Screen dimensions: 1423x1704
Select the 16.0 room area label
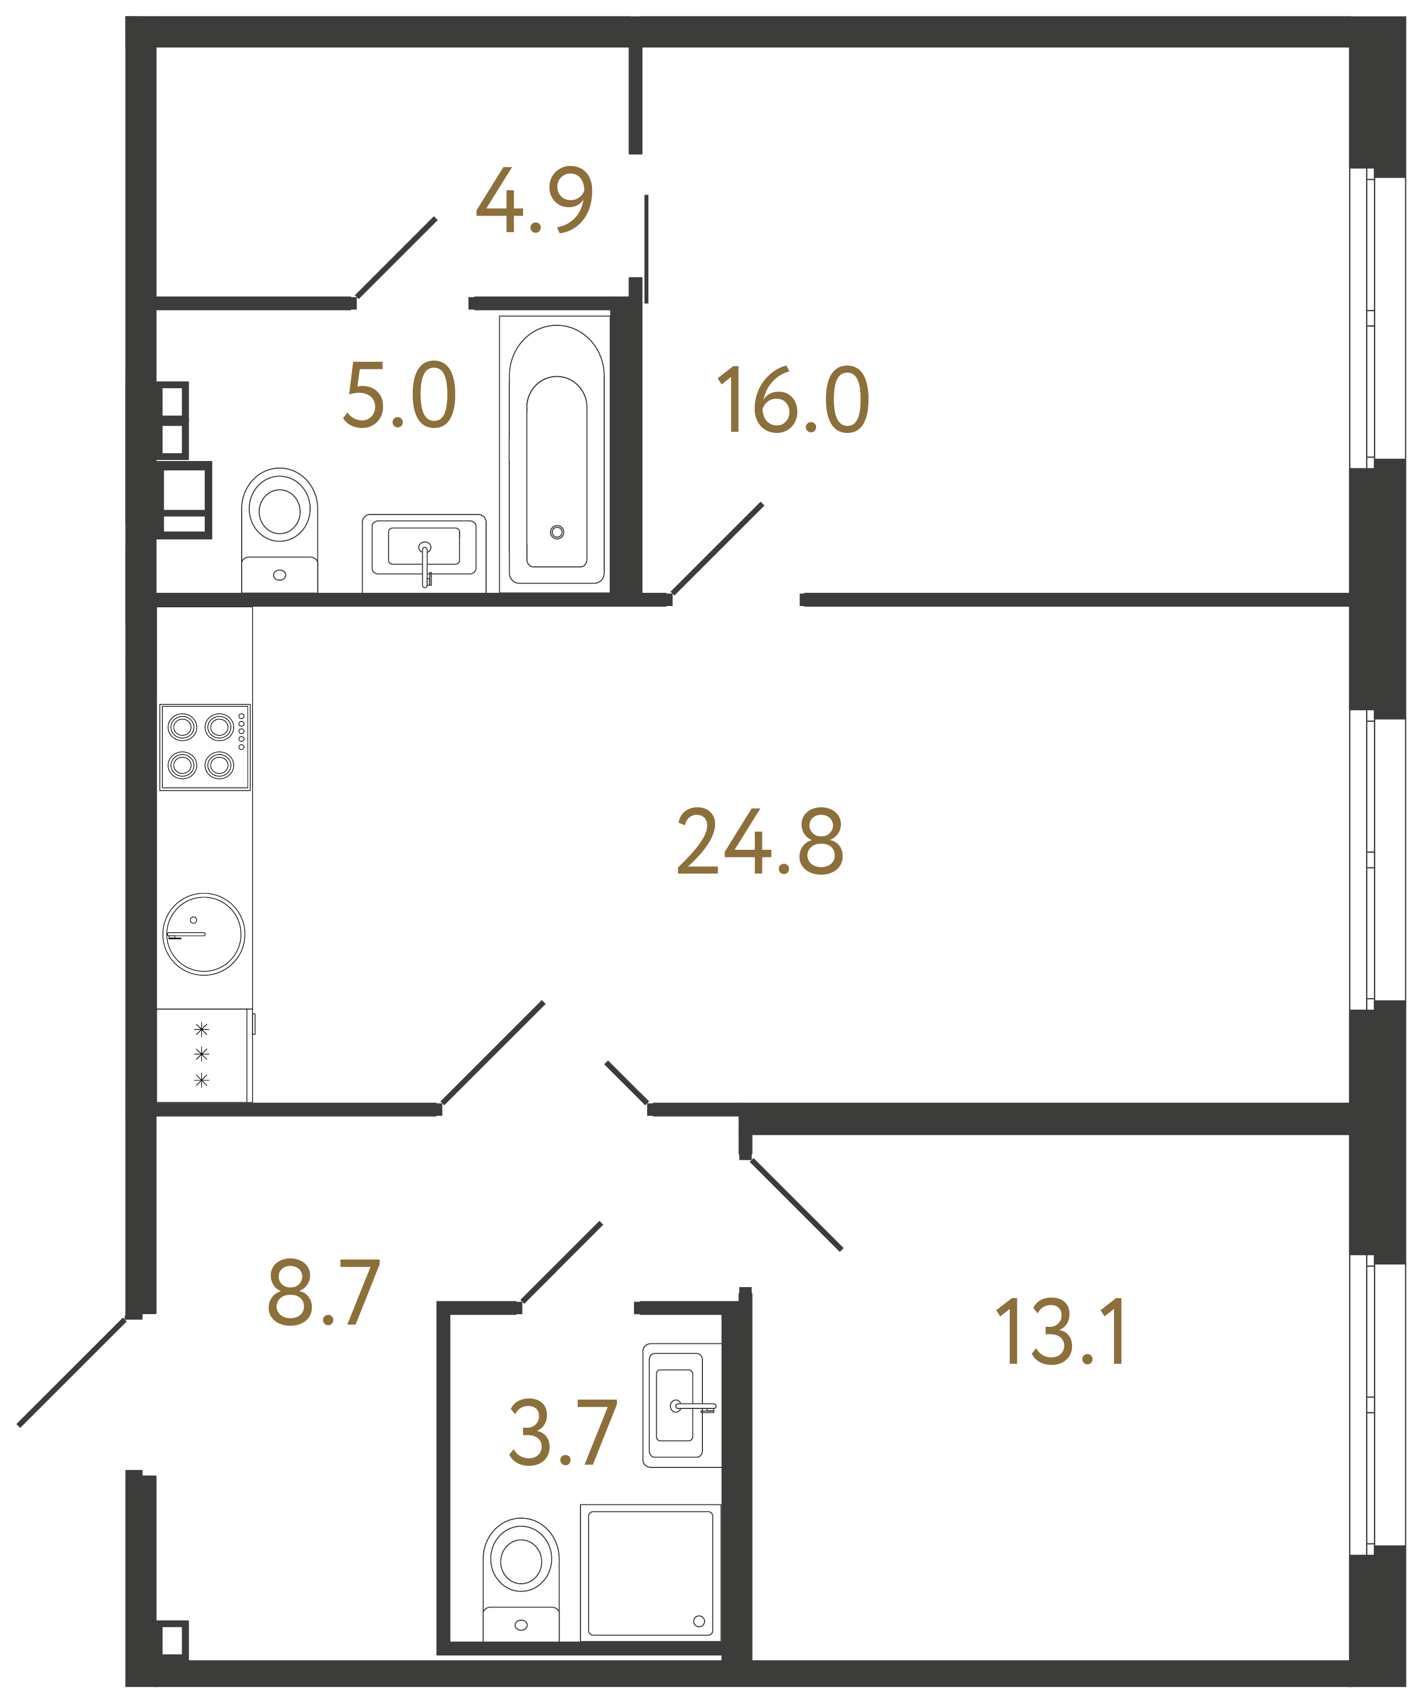[793, 399]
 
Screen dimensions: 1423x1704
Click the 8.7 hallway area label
[323, 1293]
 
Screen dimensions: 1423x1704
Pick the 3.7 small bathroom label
[563, 1434]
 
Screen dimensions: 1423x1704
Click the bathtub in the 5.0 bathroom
[556, 454]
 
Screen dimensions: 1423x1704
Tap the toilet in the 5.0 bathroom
[279, 530]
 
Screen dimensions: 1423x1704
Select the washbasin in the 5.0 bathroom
[424, 553]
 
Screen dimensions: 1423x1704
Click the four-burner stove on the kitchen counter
[205, 747]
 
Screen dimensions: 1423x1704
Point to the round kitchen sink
[204, 934]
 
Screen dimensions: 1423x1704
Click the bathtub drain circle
[557, 532]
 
